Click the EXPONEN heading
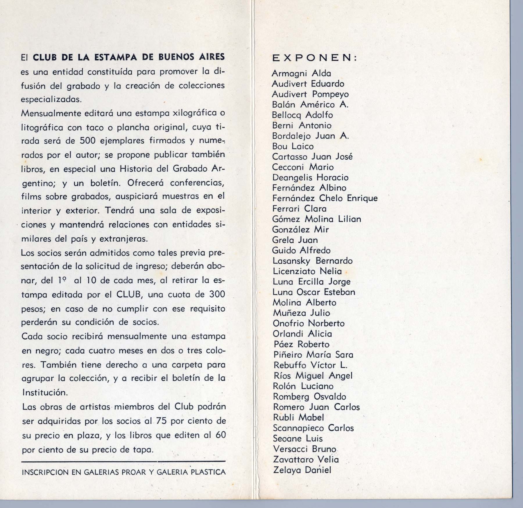[x=314, y=58]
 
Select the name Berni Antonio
[x=302, y=125]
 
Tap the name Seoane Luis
[x=298, y=439]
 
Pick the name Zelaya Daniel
[x=302, y=470]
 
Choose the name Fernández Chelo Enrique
[x=325, y=198]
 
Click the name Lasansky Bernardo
[x=312, y=261]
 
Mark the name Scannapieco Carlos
[x=313, y=428]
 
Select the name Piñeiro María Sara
[x=313, y=355]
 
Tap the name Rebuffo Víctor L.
[x=310, y=365]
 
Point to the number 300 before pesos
[x=217, y=294]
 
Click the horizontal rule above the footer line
[x=123, y=461]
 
